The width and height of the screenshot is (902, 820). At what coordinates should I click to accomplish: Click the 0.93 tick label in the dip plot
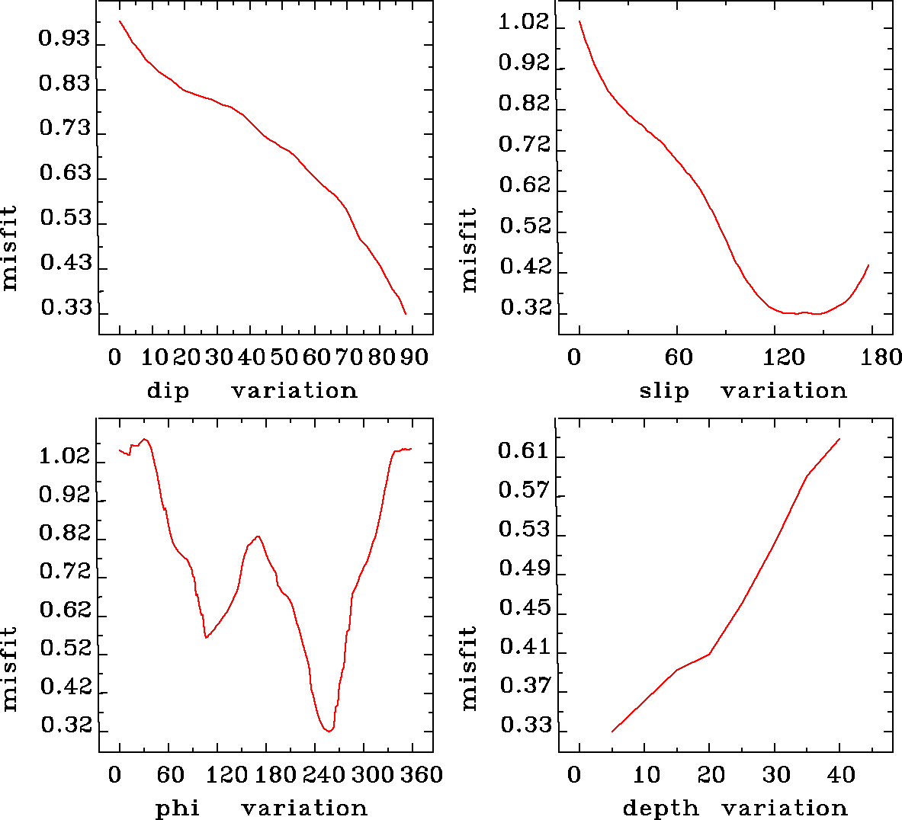pyautogui.click(x=65, y=39)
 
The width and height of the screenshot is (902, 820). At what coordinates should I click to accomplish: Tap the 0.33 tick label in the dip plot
pyautogui.click(x=66, y=309)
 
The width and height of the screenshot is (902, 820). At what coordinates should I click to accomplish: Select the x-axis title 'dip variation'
pyautogui.click(x=252, y=391)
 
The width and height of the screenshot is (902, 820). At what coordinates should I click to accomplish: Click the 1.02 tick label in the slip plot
pyautogui.click(x=524, y=22)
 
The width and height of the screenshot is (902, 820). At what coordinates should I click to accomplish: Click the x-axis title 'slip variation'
pyautogui.click(x=743, y=391)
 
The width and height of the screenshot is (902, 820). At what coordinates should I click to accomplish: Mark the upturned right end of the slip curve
pyautogui.click(x=868, y=265)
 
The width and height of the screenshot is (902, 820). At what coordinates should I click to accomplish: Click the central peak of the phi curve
pyautogui.click(x=258, y=537)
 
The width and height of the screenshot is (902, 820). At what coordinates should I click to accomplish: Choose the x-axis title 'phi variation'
pyautogui.click(x=261, y=808)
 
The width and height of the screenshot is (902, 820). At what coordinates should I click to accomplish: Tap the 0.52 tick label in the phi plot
pyautogui.click(x=66, y=649)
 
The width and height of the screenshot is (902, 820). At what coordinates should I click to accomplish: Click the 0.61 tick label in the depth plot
pyautogui.click(x=524, y=451)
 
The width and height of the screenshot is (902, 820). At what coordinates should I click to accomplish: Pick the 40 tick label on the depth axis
pyautogui.click(x=841, y=776)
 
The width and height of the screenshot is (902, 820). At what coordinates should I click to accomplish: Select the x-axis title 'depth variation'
pyautogui.click(x=735, y=808)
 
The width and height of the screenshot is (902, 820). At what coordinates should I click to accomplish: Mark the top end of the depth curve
pyautogui.click(x=839, y=439)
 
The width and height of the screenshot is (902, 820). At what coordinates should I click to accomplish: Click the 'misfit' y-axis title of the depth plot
pyautogui.click(x=468, y=668)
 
